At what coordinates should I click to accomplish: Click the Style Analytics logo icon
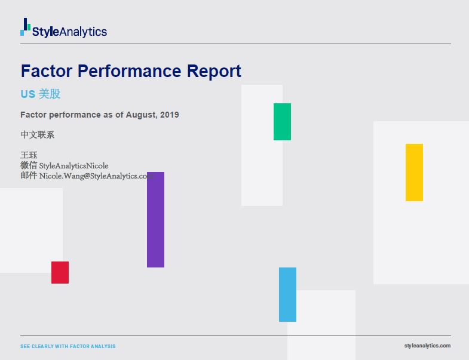pyautogui.click(x=25, y=27)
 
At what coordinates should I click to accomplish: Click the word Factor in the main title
pyautogui.click(x=44, y=71)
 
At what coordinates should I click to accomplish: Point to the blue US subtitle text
pyautogui.click(x=27, y=94)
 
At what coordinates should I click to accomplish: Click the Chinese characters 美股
pyautogui.click(x=50, y=94)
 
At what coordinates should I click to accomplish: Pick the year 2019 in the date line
pyautogui.click(x=169, y=115)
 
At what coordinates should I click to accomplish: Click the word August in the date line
pyautogui.click(x=141, y=115)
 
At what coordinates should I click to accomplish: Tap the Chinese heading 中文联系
pyautogui.click(x=37, y=135)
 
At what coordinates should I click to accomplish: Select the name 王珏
pyautogui.click(x=29, y=155)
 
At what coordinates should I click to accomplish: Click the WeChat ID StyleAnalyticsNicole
pyautogui.click(x=73, y=165)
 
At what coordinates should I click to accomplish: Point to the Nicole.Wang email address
pyautogui.click(x=96, y=176)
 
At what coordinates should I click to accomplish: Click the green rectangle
pyautogui.click(x=282, y=122)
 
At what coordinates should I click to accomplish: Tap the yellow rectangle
pyautogui.click(x=414, y=173)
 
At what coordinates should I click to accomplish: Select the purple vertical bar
pyautogui.click(x=155, y=220)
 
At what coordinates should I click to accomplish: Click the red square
pyautogui.click(x=60, y=272)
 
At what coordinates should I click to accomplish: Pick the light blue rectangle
pyautogui.click(x=287, y=294)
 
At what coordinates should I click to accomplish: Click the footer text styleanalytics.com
pyautogui.click(x=427, y=346)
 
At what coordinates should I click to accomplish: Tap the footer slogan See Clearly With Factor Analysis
pyautogui.click(x=68, y=346)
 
